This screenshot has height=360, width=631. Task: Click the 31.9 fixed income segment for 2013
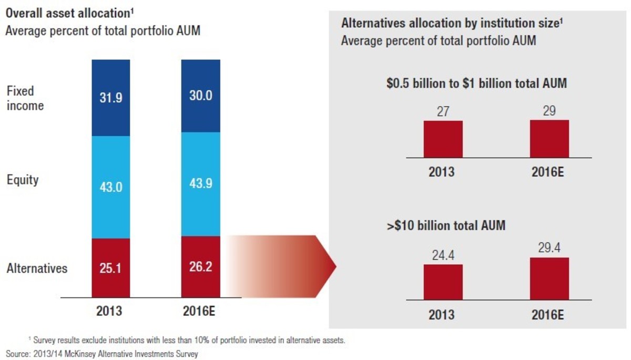[110, 98]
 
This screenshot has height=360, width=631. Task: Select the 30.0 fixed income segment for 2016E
[201, 96]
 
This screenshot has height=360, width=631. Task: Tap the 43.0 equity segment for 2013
[110, 187]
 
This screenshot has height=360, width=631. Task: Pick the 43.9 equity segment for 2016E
[201, 184]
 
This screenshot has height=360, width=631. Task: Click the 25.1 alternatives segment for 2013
[110, 268]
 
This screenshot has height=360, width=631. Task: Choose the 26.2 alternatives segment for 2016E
[201, 267]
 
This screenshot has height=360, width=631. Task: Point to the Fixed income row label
[25, 98]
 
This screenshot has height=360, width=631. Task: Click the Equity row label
[23, 180]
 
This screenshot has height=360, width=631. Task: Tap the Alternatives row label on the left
[37, 268]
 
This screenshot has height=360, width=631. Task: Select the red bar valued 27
[443, 139]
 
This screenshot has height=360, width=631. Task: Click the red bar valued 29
[549, 139]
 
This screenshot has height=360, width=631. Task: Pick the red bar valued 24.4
[443, 282]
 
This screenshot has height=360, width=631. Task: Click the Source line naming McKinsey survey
[102, 354]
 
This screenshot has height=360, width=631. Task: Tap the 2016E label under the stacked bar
[200, 311]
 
